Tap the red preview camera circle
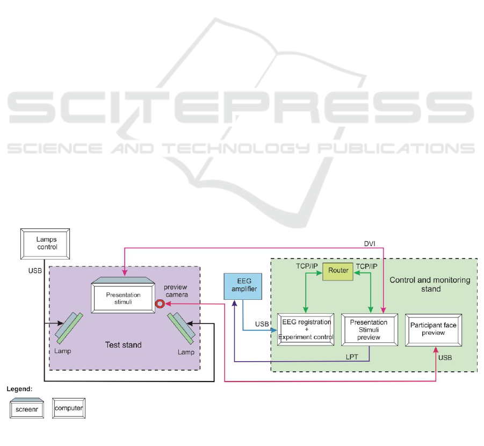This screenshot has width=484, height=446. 160,304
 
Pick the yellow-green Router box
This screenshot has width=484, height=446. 338,270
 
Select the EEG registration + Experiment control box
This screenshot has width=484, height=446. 305,329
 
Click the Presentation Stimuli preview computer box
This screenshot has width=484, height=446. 369,329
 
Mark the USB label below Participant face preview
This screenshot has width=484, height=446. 445,357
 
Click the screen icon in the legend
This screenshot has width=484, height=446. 28,408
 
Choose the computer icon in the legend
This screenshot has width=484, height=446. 69,408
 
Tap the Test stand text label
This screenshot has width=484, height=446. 124,345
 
